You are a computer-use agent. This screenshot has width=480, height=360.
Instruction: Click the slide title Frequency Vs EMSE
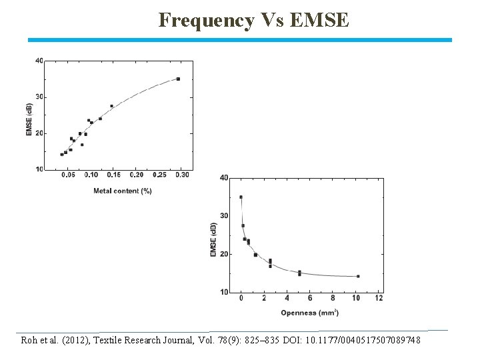[x=253, y=21]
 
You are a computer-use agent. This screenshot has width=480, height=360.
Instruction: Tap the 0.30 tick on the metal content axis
[x=182, y=175]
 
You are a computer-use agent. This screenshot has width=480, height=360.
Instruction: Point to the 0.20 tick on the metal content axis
[x=136, y=175]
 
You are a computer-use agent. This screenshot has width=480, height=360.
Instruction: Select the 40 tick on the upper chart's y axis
[x=39, y=61]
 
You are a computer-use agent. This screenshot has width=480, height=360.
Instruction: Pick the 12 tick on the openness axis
[x=379, y=298]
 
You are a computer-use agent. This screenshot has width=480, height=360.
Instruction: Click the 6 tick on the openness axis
[x=310, y=298]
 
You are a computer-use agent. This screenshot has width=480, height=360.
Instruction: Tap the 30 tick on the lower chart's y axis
[x=224, y=216]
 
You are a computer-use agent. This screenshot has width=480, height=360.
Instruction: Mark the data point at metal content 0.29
[x=178, y=79]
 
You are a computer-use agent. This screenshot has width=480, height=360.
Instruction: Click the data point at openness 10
[x=358, y=276]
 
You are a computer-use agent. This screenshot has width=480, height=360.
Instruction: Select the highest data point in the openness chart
[x=241, y=197]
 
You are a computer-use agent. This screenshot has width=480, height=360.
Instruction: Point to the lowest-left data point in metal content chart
[x=61, y=155]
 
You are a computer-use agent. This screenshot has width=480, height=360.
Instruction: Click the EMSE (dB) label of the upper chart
[x=29, y=119]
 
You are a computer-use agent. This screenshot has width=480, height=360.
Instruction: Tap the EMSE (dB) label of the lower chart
[x=213, y=239]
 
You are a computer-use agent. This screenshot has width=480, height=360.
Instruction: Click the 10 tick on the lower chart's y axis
[x=224, y=292]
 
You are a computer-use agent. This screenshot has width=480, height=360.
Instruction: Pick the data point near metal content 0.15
[x=111, y=106]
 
